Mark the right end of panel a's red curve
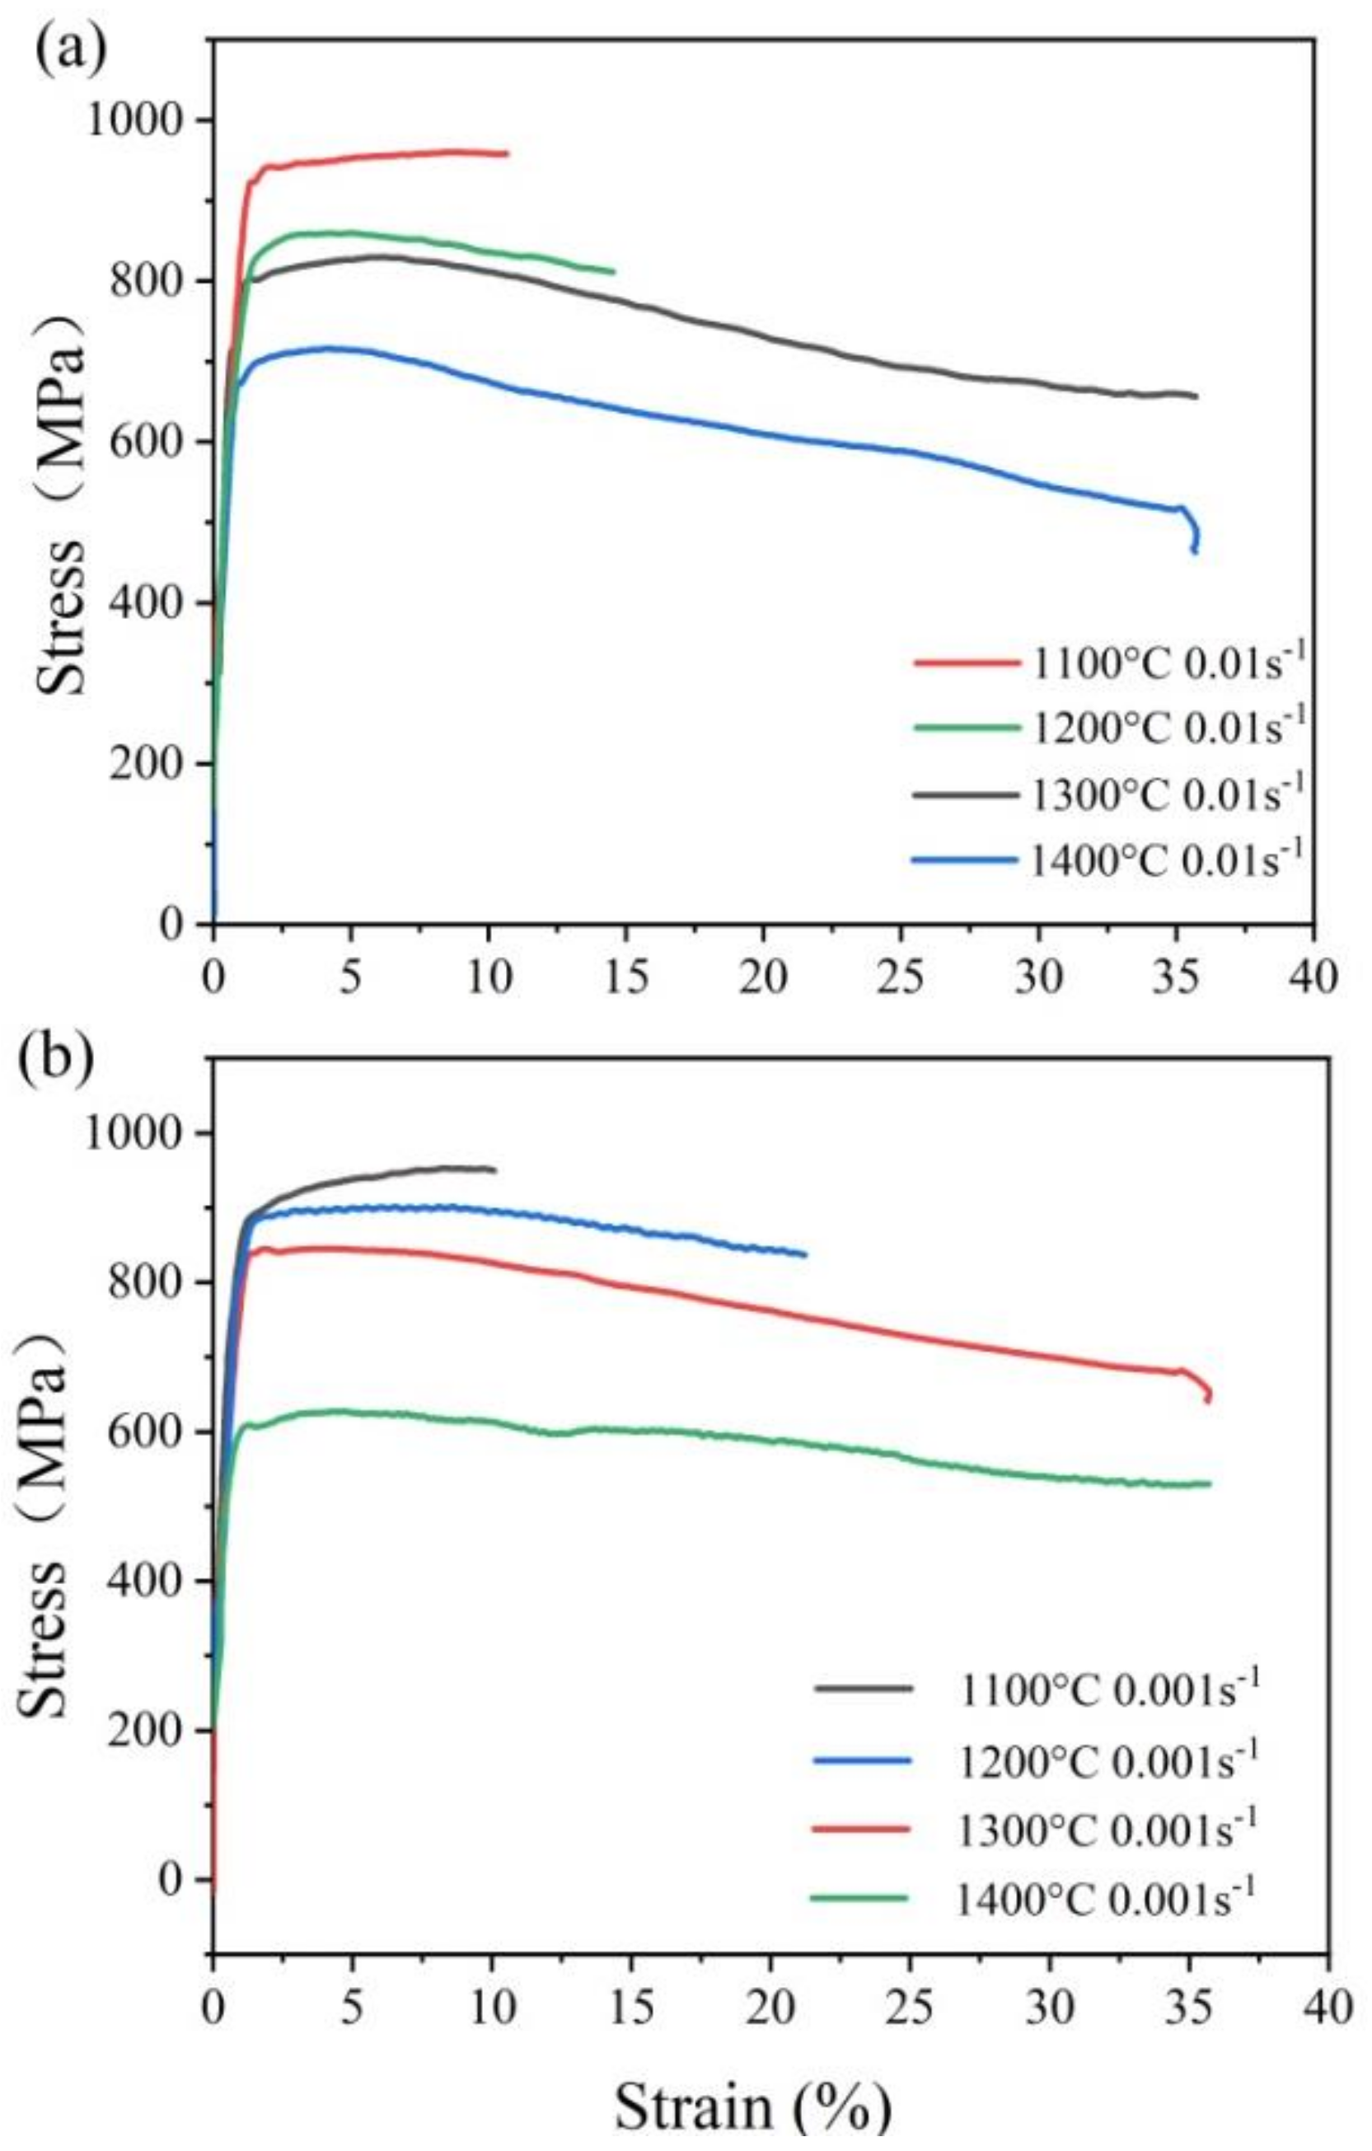(x=507, y=153)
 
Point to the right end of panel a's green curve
(x=614, y=272)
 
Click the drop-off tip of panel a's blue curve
(x=1194, y=551)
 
